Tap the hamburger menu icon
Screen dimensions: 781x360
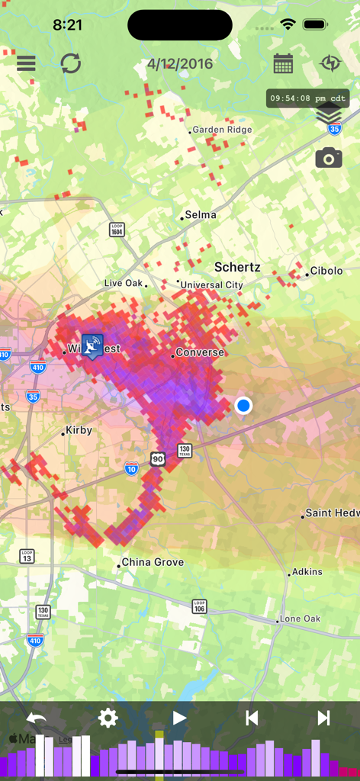pyautogui.click(x=26, y=63)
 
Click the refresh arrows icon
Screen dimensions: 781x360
pyautogui.click(x=71, y=63)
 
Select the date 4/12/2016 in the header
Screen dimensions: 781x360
pyautogui.click(x=180, y=64)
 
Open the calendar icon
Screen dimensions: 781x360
pyautogui.click(x=283, y=63)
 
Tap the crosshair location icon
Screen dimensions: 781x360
pyautogui.click(x=330, y=63)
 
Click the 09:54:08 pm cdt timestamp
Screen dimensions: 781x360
pyautogui.click(x=308, y=98)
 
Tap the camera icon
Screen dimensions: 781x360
pyautogui.click(x=329, y=158)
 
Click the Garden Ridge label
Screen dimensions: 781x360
pyautogui.click(x=221, y=130)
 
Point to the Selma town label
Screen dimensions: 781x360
pyautogui.click(x=200, y=215)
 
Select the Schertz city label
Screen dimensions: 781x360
pyautogui.click(x=237, y=268)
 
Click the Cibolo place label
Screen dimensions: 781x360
pyautogui.click(x=326, y=272)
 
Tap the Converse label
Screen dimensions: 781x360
pyautogui.click(x=199, y=353)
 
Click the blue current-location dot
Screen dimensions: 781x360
pyautogui.click(x=243, y=405)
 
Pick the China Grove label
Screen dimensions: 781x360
pyautogui.click(x=153, y=563)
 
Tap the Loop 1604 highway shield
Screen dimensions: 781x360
pyautogui.click(x=117, y=230)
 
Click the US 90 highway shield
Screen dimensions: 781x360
pyautogui.click(x=158, y=458)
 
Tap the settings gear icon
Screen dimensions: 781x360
pyautogui.click(x=108, y=718)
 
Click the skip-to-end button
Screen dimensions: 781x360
pyautogui.click(x=323, y=718)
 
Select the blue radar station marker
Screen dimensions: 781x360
pyautogui.click(x=92, y=346)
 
